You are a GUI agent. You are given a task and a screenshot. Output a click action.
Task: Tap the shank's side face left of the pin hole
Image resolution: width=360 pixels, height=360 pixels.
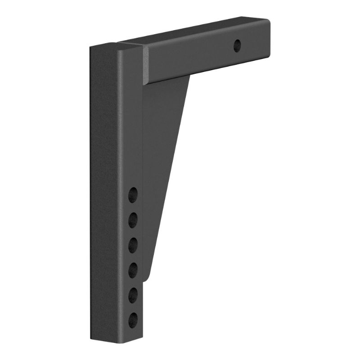189,58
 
